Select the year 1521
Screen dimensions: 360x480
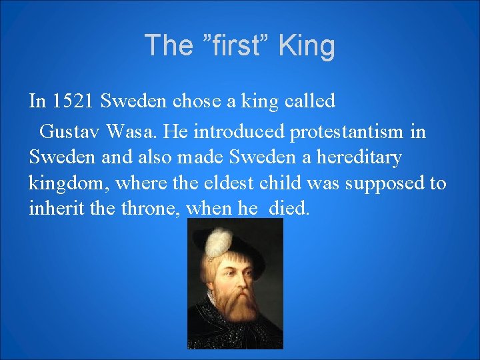[74, 101]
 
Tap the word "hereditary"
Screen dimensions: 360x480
[362, 157]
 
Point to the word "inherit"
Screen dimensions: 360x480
[51, 209]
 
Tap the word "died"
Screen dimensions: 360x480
[289, 209]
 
